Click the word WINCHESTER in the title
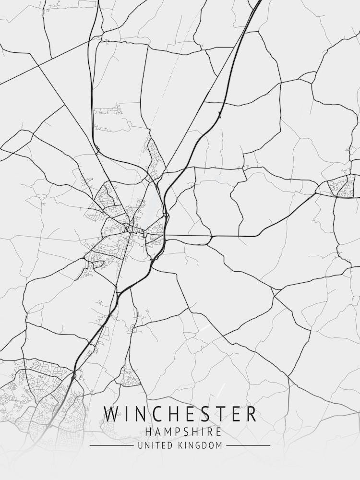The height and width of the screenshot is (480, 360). [x=180, y=414]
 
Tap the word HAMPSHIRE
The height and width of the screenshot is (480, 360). [x=180, y=432]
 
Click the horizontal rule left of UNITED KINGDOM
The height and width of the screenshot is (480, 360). [x=111, y=446]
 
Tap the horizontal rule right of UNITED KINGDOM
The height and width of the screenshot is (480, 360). [x=248, y=446]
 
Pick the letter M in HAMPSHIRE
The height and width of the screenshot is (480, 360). [x=166, y=432]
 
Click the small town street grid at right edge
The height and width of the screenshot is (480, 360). [x=341, y=187]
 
